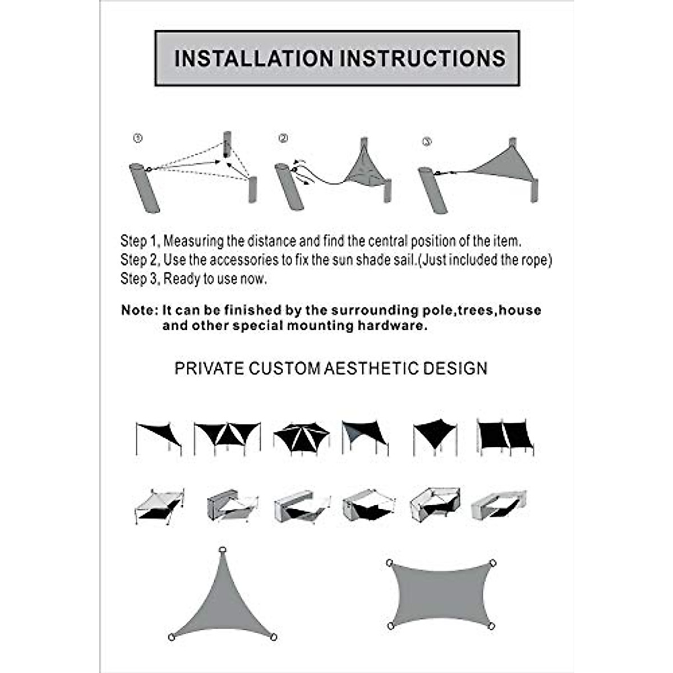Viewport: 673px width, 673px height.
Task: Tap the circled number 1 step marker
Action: [138, 138]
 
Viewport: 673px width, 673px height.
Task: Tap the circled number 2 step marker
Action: [283, 138]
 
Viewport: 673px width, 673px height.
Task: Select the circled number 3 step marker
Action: [427, 142]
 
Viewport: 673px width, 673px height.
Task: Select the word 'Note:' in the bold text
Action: [140, 311]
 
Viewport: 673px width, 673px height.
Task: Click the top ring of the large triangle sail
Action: [223, 550]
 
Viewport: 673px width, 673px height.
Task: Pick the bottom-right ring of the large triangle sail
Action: [273, 637]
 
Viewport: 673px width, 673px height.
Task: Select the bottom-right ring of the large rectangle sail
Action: [491, 626]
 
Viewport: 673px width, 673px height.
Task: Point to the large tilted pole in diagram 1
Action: [145, 188]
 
